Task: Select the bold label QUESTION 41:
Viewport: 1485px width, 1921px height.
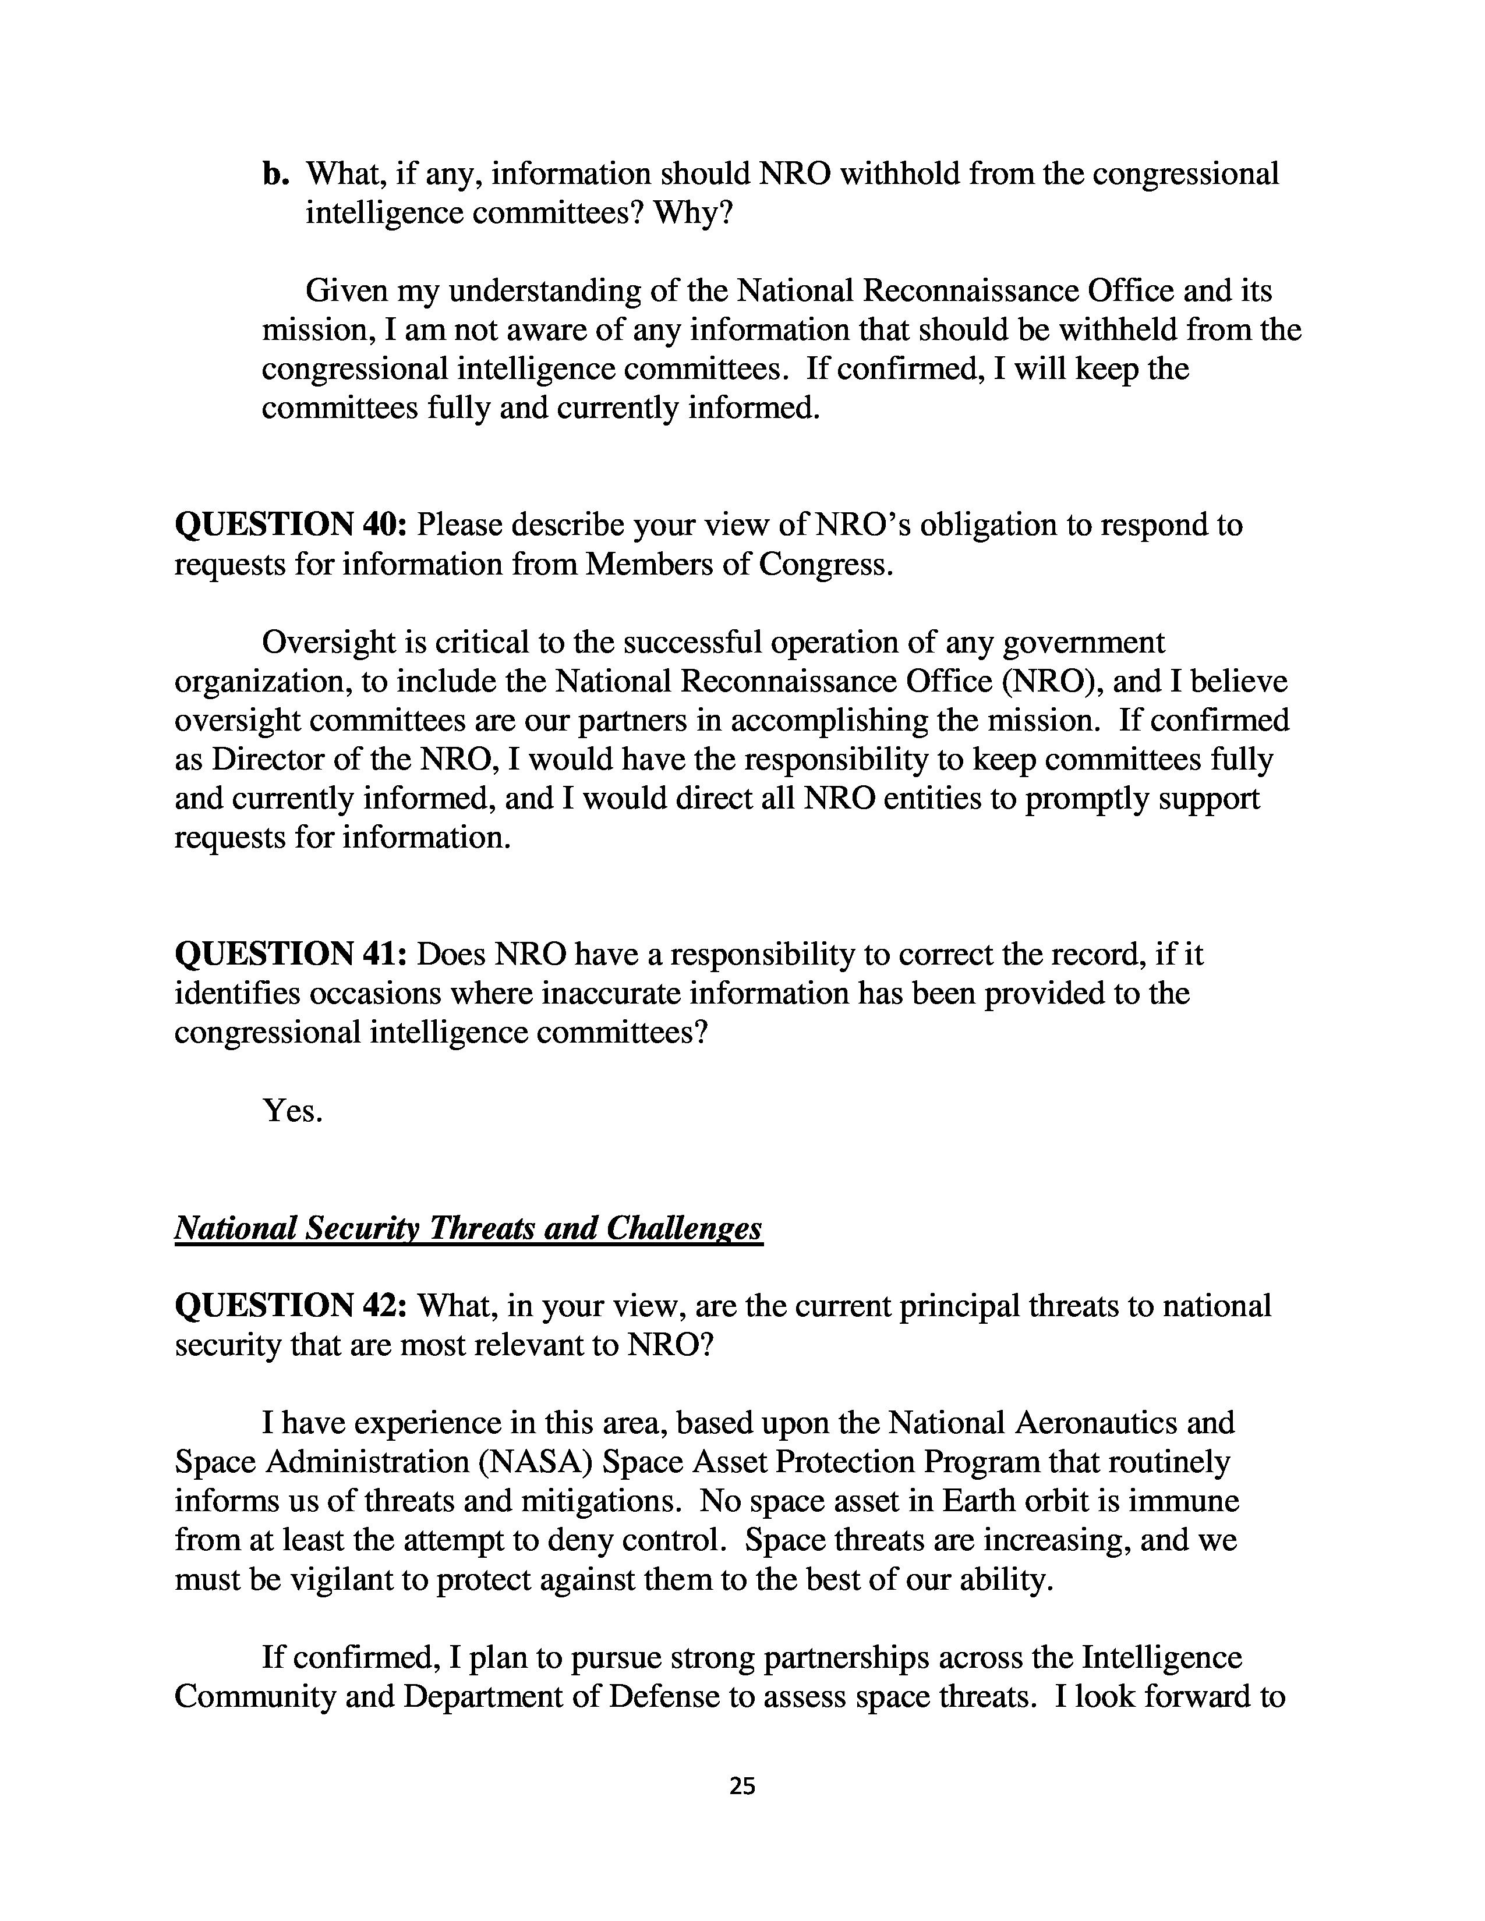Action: [291, 954]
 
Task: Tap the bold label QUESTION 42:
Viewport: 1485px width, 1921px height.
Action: [291, 1306]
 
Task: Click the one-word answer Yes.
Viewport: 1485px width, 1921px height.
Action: [292, 1111]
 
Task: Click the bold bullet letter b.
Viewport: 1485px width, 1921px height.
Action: [275, 174]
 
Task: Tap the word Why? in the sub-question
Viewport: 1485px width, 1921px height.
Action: [692, 214]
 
